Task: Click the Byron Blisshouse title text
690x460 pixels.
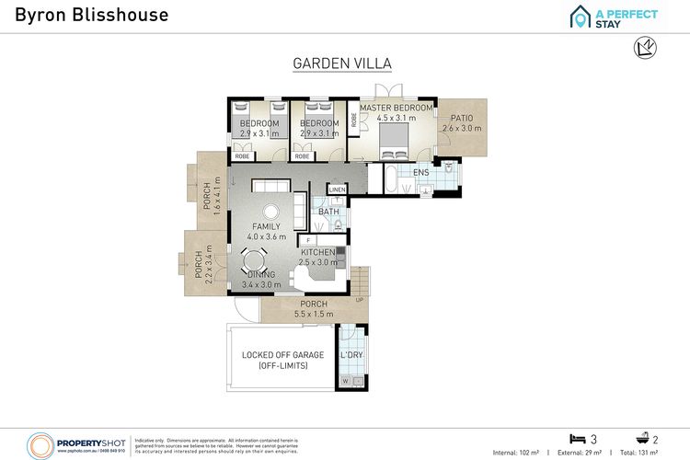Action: coord(78,15)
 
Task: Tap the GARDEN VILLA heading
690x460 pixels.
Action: coord(342,63)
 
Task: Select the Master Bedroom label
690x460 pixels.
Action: coord(396,108)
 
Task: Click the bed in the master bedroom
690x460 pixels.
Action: coord(396,141)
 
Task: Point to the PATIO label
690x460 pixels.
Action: coord(461,119)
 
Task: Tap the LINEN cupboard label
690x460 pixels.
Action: coord(336,190)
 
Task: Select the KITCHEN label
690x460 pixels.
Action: coord(318,252)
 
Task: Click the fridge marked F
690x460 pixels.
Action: coord(308,241)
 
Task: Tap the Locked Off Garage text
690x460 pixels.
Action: coord(274,355)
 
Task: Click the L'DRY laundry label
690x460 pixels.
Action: coord(351,355)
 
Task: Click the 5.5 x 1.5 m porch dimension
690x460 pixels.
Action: coord(314,315)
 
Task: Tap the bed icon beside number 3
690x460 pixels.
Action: coord(577,438)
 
